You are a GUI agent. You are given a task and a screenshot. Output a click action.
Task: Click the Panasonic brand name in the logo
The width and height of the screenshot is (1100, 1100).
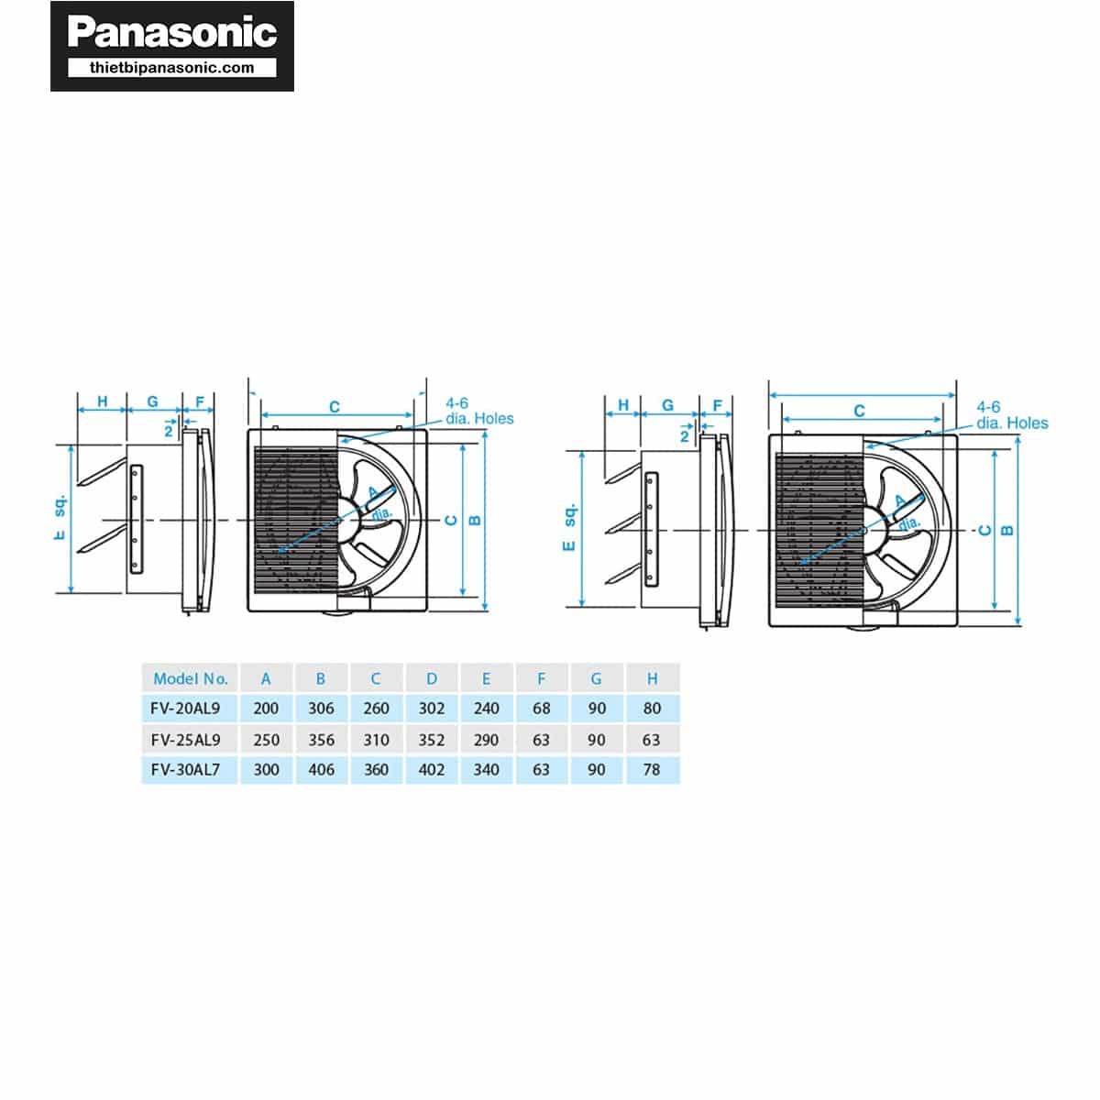[171, 31]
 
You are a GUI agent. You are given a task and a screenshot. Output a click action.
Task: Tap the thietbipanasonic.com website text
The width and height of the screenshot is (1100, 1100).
[171, 68]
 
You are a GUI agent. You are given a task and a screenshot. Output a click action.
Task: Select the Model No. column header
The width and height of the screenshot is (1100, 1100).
[190, 678]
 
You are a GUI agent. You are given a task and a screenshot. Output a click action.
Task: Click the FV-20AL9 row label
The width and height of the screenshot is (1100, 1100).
[185, 709]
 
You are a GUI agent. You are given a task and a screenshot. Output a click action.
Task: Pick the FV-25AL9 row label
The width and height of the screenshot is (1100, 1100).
[185, 740]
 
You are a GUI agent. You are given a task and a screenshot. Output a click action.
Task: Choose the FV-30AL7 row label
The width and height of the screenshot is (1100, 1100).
[185, 769]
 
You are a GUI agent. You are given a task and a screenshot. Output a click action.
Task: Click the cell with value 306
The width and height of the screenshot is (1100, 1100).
[321, 709]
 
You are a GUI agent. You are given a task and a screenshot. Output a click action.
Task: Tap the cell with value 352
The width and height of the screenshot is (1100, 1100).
[432, 740]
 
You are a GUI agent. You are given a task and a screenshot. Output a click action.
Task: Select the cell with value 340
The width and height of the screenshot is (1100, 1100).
[487, 769]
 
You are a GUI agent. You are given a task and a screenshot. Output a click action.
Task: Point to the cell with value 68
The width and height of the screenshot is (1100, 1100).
[541, 709]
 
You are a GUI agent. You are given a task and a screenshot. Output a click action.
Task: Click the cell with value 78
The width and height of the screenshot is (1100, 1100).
[652, 769]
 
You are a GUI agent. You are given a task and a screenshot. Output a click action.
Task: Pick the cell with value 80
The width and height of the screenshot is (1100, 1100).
[652, 709]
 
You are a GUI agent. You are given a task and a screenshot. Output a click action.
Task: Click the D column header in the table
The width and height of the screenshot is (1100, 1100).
[432, 678]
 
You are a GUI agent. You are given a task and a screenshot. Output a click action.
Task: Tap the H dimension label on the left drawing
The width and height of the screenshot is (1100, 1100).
[102, 401]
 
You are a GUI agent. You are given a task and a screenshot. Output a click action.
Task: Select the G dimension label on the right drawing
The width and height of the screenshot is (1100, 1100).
[667, 405]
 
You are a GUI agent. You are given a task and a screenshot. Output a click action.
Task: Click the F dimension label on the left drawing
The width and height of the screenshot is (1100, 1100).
[200, 401]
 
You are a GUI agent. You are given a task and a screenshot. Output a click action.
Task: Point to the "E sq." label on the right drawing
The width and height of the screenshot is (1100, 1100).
[569, 527]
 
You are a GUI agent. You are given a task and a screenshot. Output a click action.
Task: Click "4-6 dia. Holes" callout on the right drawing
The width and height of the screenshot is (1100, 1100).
[1012, 415]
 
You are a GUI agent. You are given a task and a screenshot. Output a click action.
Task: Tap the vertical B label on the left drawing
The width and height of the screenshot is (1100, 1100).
[474, 520]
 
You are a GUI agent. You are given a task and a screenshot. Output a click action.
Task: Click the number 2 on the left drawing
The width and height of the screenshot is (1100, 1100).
[168, 432]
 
